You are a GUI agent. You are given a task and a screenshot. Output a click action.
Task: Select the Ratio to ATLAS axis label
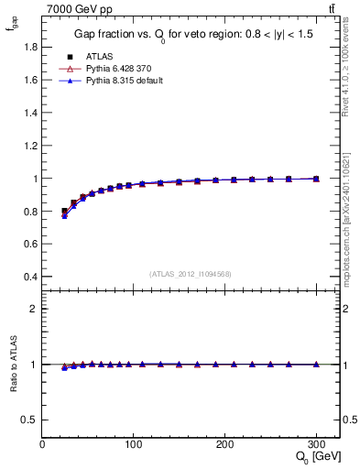point(13,365)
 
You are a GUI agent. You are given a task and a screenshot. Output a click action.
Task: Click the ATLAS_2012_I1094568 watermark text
point(190,274)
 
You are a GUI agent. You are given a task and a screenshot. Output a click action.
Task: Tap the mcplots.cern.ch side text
point(349,211)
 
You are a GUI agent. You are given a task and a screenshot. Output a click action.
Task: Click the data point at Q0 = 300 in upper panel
point(316,179)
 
